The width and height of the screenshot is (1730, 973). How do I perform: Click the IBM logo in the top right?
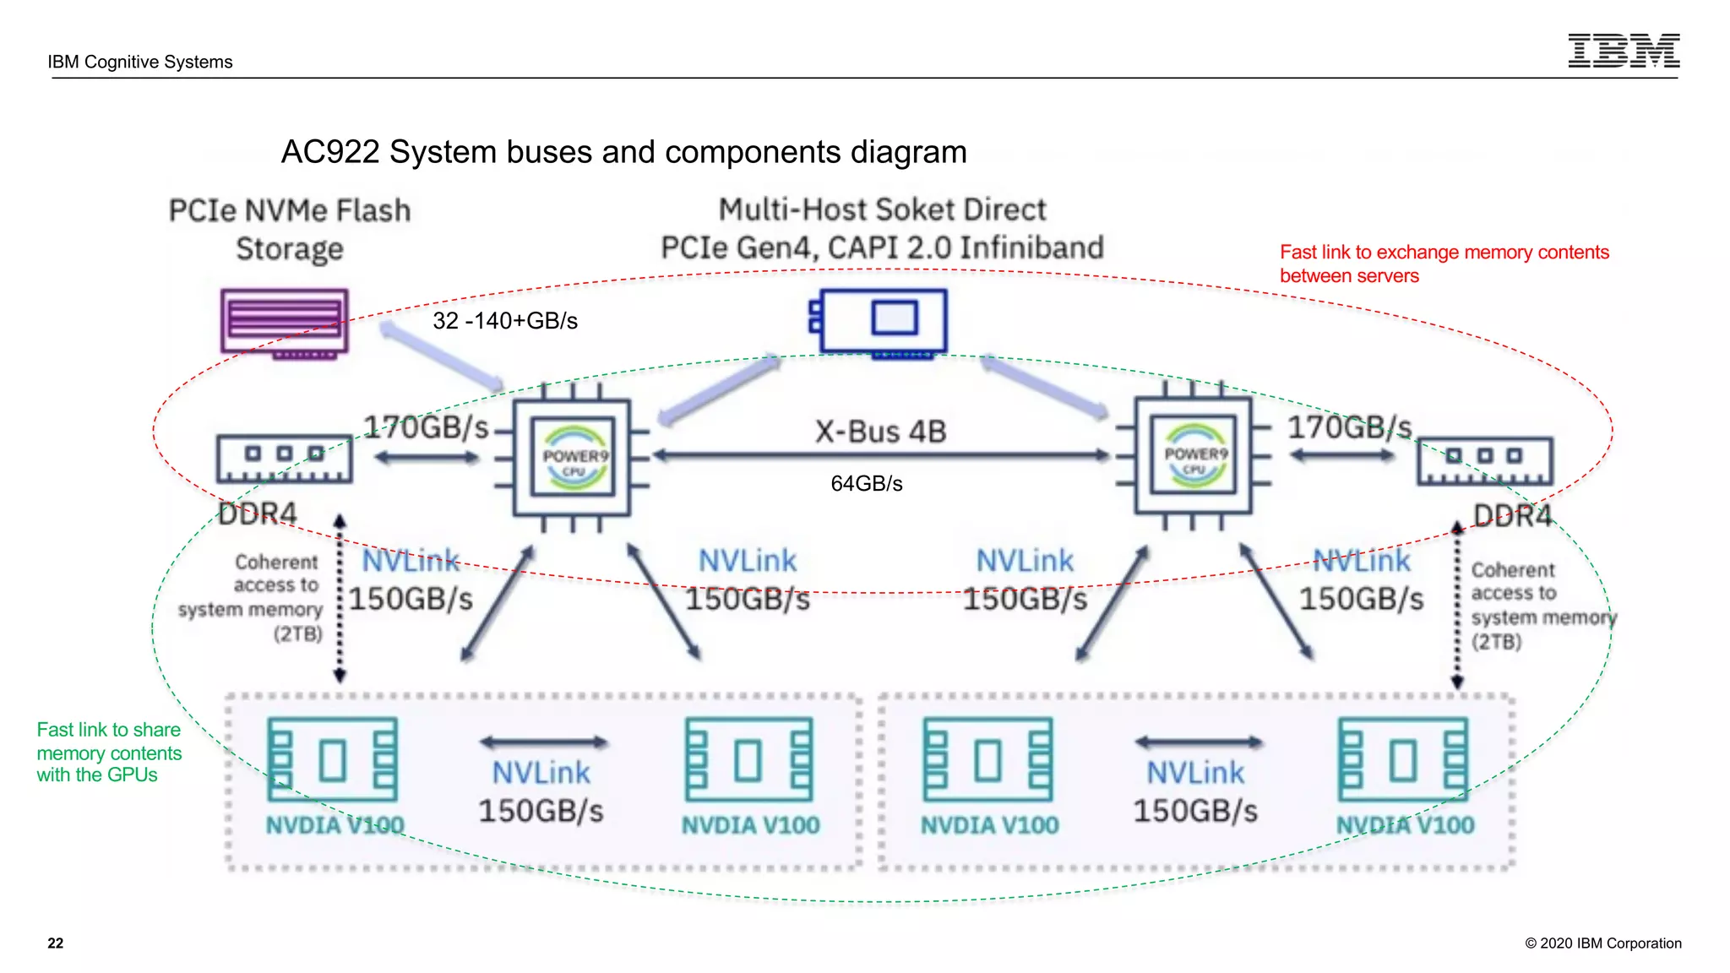point(1623,51)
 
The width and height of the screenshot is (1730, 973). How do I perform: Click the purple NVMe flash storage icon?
point(285,323)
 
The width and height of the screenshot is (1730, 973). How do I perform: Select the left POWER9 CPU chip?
point(573,457)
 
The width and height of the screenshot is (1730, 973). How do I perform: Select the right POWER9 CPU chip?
point(1193,456)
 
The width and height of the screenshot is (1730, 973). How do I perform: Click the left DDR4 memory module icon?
point(284,459)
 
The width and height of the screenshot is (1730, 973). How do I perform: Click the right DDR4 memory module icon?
point(1484,460)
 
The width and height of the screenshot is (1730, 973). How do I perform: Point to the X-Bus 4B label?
point(880,432)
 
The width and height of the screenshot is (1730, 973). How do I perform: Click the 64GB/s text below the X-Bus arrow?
point(866,484)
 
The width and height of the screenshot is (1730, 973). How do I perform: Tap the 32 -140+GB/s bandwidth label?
point(505,321)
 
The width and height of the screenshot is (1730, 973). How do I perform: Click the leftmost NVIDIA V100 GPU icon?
point(333,759)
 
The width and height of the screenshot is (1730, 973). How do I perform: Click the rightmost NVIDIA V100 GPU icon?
point(1403,759)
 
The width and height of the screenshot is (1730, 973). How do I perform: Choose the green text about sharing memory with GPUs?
point(108,753)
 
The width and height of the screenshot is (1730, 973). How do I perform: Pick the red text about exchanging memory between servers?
point(1443,264)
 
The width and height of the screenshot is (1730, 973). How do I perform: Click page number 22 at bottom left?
point(56,943)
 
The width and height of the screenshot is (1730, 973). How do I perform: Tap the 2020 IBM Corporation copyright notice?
point(1602,943)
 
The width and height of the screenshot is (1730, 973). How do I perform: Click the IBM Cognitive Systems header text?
point(140,62)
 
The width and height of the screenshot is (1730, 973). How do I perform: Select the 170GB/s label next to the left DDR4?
point(426,427)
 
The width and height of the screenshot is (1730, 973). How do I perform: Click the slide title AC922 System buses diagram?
point(623,152)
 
